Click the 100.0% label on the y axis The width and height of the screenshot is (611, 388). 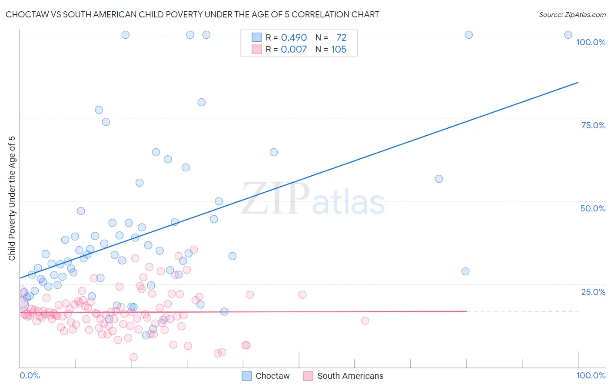pyautogui.click(x=591, y=42)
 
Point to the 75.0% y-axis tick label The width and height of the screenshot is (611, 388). pyautogui.click(x=593, y=125)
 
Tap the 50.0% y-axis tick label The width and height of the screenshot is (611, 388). pyautogui.click(x=593, y=208)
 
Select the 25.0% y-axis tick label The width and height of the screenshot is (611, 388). pyautogui.click(x=593, y=292)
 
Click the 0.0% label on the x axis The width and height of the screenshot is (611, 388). pyautogui.click(x=30, y=375)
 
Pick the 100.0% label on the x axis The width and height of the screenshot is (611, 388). pyautogui.click(x=591, y=375)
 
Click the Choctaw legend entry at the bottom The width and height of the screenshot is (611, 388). pyautogui.click(x=272, y=376)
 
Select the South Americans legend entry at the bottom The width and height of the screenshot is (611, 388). pyautogui.click(x=350, y=376)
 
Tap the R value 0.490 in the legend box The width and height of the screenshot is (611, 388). pyautogui.click(x=294, y=38)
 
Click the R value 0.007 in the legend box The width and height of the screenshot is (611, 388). pyautogui.click(x=294, y=50)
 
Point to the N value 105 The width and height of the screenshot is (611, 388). pyautogui.click(x=339, y=50)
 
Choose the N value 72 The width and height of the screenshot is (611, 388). pyautogui.click(x=341, y=38)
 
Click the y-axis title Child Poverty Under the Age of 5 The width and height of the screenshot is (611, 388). pyautogui.click(x=12, y=198)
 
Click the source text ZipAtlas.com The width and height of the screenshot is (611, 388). pyautogui.click(x=572, y=15)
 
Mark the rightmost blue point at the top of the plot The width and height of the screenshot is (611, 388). pyautogui.click(x=568, y=35)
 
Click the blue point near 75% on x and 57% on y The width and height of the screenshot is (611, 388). pyautogui.click(x=439, y=179)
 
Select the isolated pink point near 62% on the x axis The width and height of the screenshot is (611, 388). pyautogui.click(x=365, y=321)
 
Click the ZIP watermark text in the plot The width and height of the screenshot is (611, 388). pyautogui.click(x=276, y=199)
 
